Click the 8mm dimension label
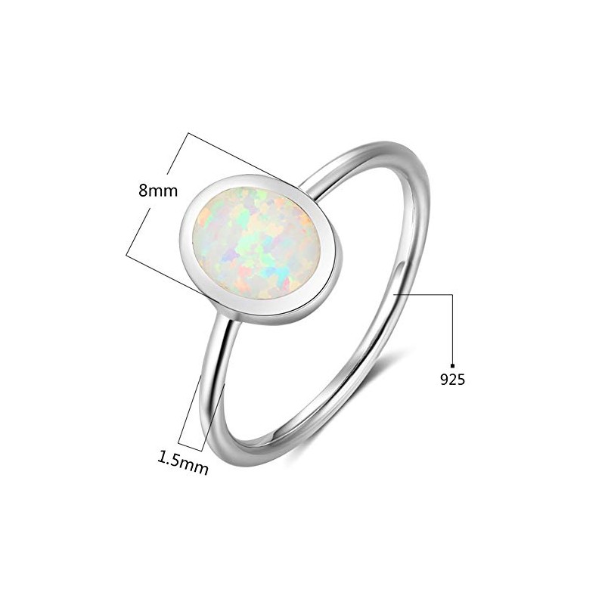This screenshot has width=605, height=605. click(157, 191)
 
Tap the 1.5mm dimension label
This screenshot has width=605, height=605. click(182, 459)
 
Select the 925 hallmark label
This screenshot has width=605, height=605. click(452, 380)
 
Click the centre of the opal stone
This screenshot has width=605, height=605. click(256, 242)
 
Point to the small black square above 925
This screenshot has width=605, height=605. click(452, 364)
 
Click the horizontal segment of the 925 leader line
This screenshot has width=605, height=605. click(423, 293)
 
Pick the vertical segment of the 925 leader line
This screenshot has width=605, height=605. click(452, 329)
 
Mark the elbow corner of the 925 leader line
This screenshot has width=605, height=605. click(452, 293)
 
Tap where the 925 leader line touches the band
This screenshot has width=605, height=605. click(396, 293)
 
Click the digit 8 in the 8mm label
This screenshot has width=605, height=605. click(143, 191)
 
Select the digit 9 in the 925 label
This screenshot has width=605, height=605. click(444, 380)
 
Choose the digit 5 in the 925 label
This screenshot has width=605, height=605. click(461, 380)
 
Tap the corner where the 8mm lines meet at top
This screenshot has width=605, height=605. click(188, 134)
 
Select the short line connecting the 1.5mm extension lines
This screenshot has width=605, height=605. click(190, 446)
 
